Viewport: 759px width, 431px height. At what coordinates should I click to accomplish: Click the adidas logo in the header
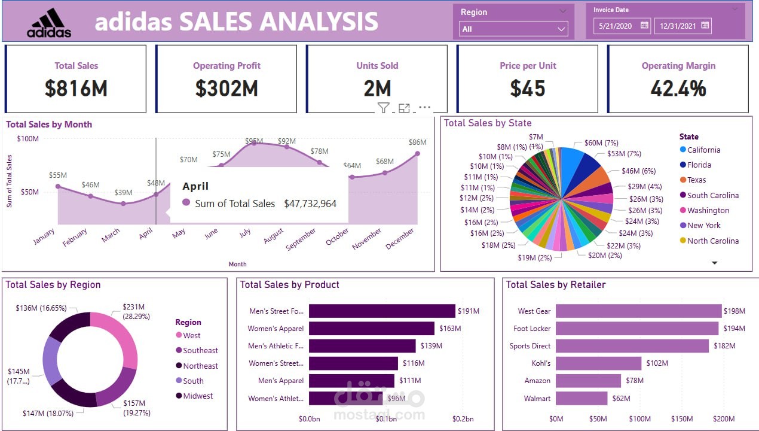(x=49, y=23)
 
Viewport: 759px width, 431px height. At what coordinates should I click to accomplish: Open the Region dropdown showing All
(x=513, y=29)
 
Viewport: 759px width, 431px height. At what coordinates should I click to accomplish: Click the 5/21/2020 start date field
(x=622, y=26)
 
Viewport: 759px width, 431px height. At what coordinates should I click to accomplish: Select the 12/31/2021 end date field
(x=683, y=26)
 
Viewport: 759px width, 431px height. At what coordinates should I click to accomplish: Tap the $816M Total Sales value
(x=76, y=89)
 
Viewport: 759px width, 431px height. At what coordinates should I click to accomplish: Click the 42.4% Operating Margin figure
(x=678, y=89)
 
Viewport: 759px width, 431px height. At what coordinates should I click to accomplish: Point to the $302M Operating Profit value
(x=227, y=89)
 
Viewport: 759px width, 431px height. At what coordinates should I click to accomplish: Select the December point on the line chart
(x=417, y=154)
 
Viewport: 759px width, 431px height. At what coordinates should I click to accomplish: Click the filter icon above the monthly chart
(x=383, y=108)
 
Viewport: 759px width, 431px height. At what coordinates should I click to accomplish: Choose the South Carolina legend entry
(x=712, y=195)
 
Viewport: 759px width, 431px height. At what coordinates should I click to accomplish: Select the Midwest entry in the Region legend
(x=198, y=396)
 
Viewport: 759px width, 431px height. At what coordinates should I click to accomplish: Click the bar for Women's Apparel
(x=371, y=329)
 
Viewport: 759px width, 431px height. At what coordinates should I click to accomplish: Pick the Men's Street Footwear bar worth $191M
(x=382, y=311)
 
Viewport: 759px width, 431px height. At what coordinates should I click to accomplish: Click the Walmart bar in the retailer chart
(x=581, y=398)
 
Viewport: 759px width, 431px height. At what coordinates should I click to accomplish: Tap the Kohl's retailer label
(x=541, y=363)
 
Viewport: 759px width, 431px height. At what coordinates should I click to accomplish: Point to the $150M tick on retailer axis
(x=682, y=419)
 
